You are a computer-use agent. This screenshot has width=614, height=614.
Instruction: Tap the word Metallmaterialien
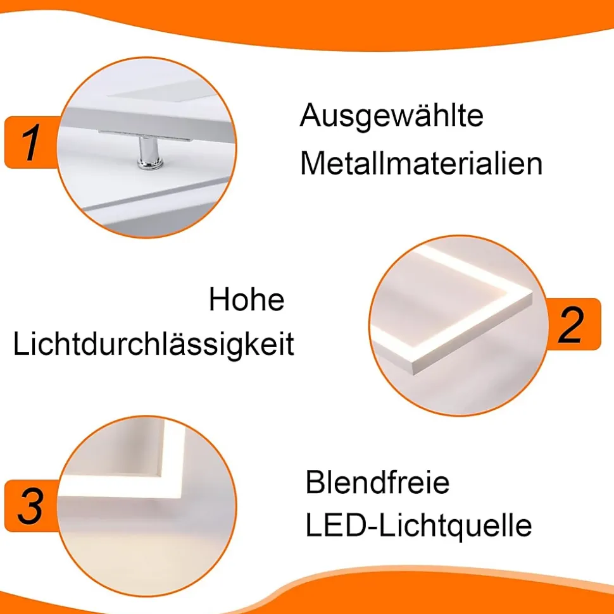click(x=422, y=164)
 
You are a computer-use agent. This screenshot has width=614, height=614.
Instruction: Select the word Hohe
click(x=247, y=300)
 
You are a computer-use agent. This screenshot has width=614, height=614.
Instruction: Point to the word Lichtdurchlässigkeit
click(x=153, y=345)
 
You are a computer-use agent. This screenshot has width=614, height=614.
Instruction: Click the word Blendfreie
click(x=377, y=482)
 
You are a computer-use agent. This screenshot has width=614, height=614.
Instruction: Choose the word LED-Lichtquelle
click(x=418, y=526)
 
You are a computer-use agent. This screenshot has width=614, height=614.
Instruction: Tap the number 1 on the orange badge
click(x=30, y=142)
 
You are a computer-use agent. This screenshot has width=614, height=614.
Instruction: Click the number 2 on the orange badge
click(x=570, y=324)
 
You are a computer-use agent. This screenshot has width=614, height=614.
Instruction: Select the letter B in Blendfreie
click(x=315, y=482)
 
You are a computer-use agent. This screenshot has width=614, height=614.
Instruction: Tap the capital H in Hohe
click(x=219, y=300)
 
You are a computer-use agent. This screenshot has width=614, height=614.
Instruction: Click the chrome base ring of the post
click(x=149, y=164)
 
